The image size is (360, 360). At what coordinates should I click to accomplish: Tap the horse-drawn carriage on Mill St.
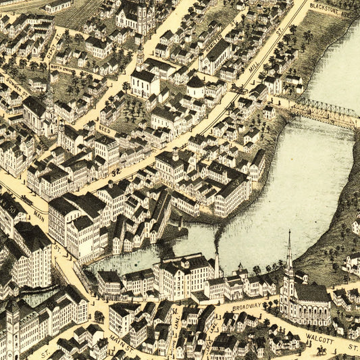tap(238, 88)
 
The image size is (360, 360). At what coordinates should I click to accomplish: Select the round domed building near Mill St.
tap(195, 84)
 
